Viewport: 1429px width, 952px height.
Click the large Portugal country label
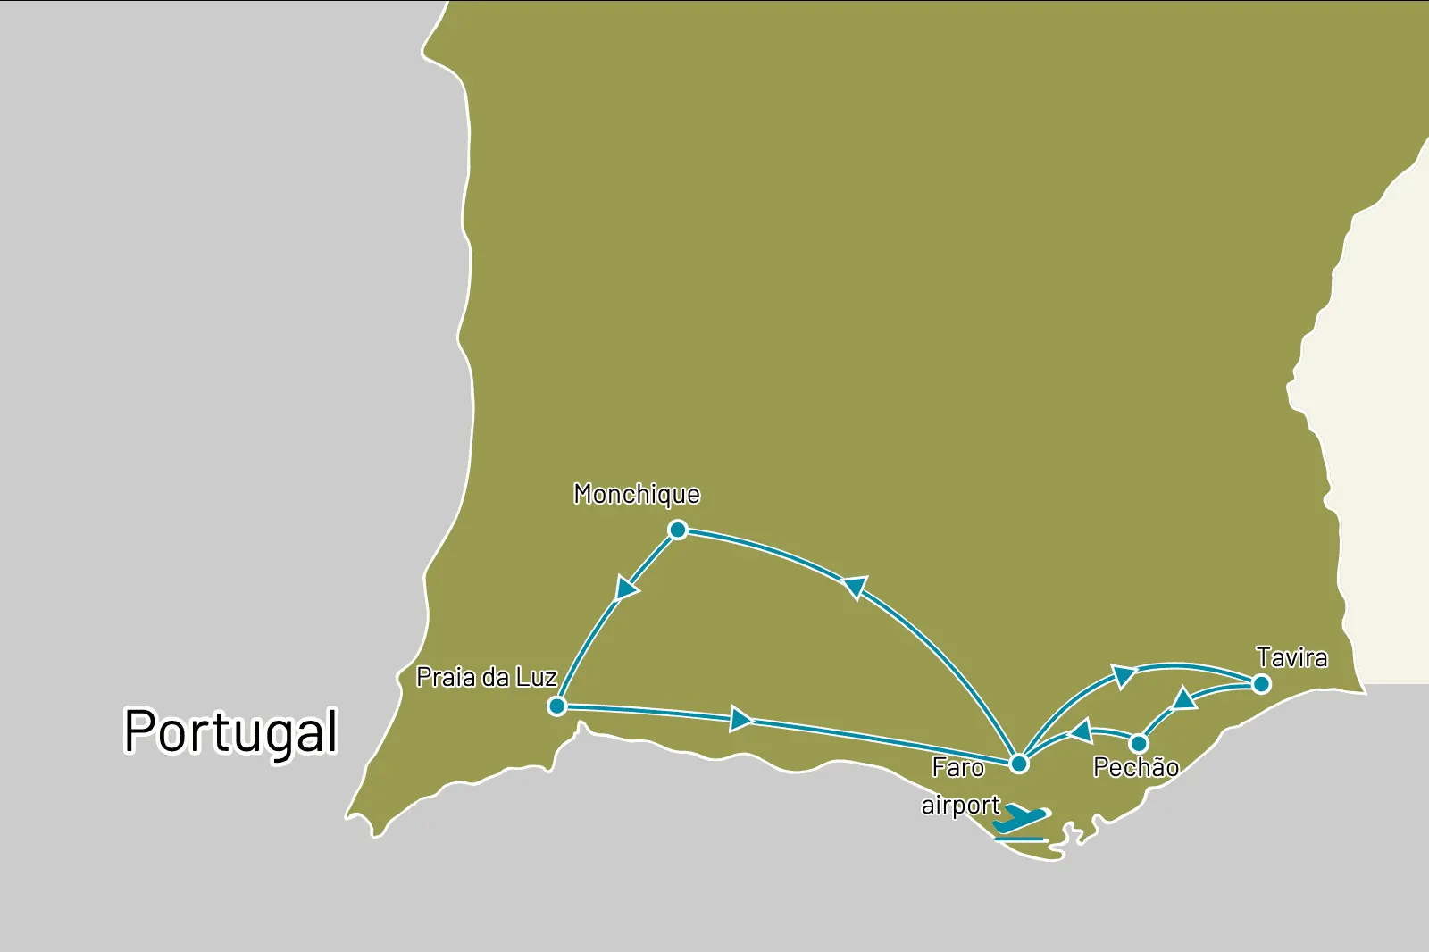(x=230, y=732)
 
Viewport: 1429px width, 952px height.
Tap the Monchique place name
(x=637, y=495)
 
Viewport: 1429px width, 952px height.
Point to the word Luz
(x=536, y=678)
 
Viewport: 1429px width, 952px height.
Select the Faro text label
(x=957, y=767)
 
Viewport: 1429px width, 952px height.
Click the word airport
(x=960, y=806)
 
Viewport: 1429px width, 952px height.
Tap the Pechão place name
(x=1135, y=767)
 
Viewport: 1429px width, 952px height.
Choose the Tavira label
(x=1291, y=658)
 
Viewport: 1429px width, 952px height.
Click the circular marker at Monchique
(x=678, y=530)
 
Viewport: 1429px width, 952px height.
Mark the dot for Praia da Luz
(x=557, y=706)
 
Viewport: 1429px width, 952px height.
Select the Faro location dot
(x=1019, y=764)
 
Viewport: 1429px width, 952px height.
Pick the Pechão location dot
(x=1139, y=743)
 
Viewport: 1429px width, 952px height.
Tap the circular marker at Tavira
(x=1261, y=684)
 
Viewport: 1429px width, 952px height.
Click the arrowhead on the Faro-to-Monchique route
(x=856, y=587)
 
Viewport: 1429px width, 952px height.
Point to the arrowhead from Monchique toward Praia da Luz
(x=627, y=589)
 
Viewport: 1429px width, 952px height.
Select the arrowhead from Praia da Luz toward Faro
(x=740, y=718)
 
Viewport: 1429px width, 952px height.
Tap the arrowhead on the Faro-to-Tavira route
(x=1123, y=675)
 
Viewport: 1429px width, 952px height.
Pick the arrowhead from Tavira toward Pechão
(x=1184, y=698)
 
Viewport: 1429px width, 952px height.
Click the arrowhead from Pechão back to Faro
(x=1082, y=732)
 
